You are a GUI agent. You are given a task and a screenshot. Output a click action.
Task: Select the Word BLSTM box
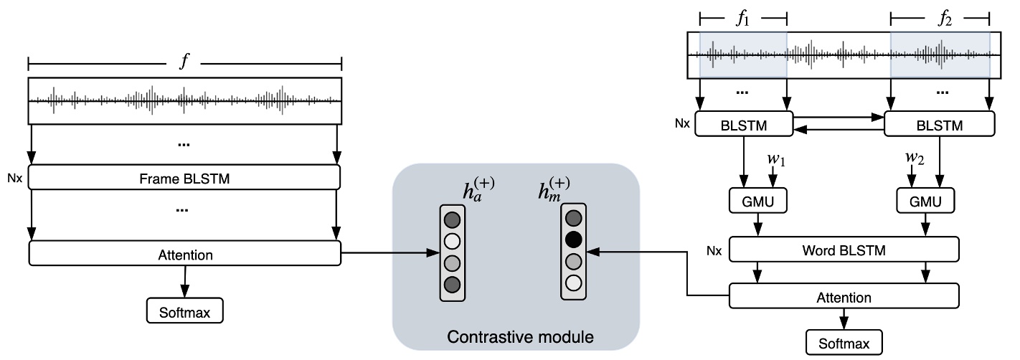[844, 251]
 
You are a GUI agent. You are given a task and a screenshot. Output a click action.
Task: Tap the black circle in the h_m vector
[572, 239]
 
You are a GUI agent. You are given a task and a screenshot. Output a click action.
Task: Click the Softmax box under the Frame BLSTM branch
[185, 311]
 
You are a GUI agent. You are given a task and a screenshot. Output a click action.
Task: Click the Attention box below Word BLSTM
[844, 297]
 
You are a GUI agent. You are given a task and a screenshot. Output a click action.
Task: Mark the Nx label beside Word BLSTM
[714, 250]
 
